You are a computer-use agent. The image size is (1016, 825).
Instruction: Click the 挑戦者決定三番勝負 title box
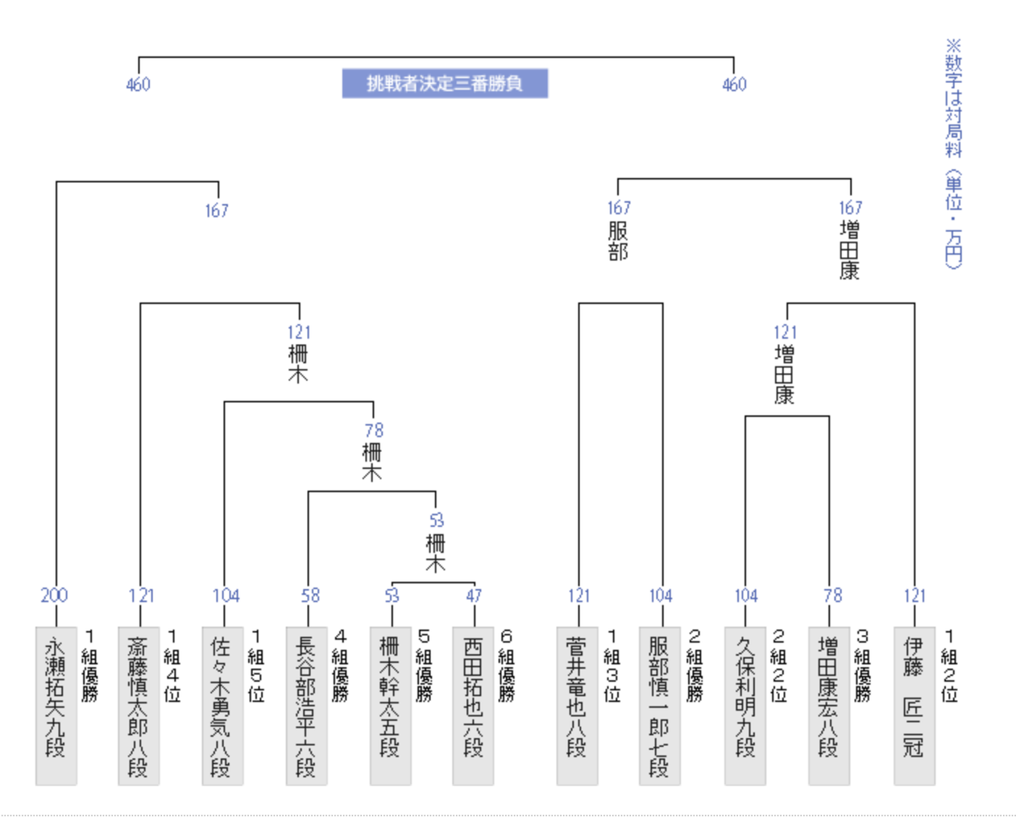[445, 84]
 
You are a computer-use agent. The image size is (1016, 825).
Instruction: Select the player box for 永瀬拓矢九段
[56, 706]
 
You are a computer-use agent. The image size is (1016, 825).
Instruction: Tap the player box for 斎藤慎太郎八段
[139, 706]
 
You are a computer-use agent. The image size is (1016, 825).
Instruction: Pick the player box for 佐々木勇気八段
[222, 706]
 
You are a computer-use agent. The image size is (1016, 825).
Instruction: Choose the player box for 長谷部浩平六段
[307, 706]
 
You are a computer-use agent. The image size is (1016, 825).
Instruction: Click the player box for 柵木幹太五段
[391, 706]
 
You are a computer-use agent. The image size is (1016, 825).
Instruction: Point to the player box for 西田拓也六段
[473, 706]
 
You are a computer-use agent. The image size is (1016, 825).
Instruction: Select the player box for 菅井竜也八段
[577, 706]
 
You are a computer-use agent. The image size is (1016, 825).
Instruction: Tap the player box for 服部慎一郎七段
[660, 706]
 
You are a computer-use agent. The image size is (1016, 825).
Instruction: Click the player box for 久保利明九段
[745, 706]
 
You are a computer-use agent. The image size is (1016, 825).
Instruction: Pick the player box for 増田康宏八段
[829, 706]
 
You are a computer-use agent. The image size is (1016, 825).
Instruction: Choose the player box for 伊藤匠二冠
[914, 706]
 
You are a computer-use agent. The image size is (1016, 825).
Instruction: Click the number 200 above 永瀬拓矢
[54, 595]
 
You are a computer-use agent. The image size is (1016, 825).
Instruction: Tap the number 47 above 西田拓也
[474, 595]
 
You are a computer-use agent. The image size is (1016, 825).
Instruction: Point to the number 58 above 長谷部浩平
[310, 595]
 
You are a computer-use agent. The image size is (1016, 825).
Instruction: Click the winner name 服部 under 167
[618, 241]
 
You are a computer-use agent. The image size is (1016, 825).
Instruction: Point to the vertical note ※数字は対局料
[953, 97]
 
